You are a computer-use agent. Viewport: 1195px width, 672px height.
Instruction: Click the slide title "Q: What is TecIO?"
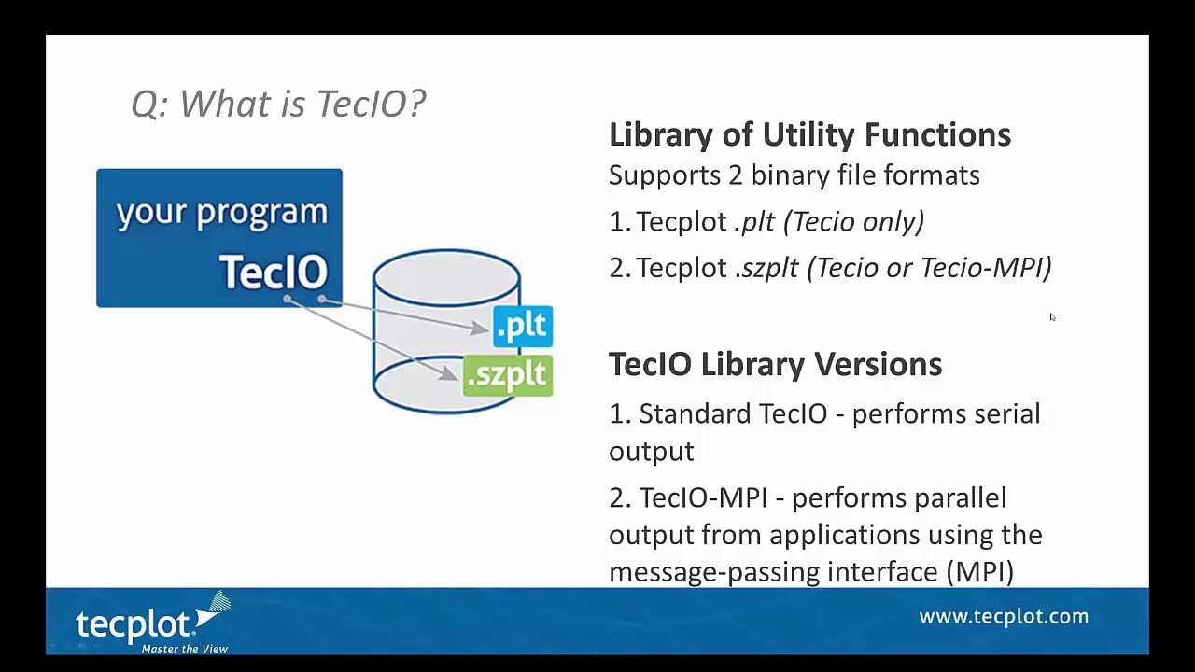[x=278, y=103]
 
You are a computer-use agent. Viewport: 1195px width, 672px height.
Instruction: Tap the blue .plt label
[x=523, y=327]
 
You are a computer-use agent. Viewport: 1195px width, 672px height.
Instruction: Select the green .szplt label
[x=508, y=374]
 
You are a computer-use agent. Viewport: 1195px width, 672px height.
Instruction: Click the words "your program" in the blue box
[x=222, y=213]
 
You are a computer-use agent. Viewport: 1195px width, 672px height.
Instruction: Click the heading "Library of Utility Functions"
[x=809, y=134]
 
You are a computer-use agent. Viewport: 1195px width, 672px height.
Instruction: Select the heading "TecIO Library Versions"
[x=775, y=364]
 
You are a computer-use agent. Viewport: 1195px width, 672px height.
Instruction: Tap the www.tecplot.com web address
[x=1004, y=616]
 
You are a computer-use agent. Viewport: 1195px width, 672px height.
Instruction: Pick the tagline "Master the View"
[x=184, y=649]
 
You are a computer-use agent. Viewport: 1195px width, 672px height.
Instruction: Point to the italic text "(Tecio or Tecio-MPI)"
[x=929, y=268]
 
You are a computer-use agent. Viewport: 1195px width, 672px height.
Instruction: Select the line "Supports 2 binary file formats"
[x=794, y=175]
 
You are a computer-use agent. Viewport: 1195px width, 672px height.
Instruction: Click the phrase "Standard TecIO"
[x=733, y=413]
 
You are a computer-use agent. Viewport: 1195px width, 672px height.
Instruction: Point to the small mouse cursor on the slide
[x=1052, y=317]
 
